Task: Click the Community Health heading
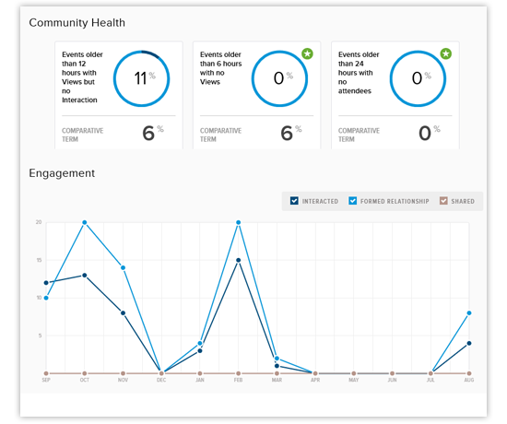[77, 22]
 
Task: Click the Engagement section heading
[61, 172]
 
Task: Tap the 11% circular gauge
[140, 77]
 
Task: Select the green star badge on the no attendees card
[445, 53]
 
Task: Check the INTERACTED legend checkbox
[294, 201]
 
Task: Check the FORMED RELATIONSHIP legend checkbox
[353, 201]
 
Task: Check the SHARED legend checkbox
[444, 201]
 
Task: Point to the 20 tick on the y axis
[39, 222]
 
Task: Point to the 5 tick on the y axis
[40, 336]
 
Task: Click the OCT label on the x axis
[85, 381]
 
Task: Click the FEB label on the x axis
[239, 381]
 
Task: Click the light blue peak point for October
[85, 222]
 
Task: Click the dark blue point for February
[239, 260]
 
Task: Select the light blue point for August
[470, 313]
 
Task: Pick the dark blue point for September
[46, 283]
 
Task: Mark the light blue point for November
[123, 267]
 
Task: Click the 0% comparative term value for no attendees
[424, 133]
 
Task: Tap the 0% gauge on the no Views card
[279, 77]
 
